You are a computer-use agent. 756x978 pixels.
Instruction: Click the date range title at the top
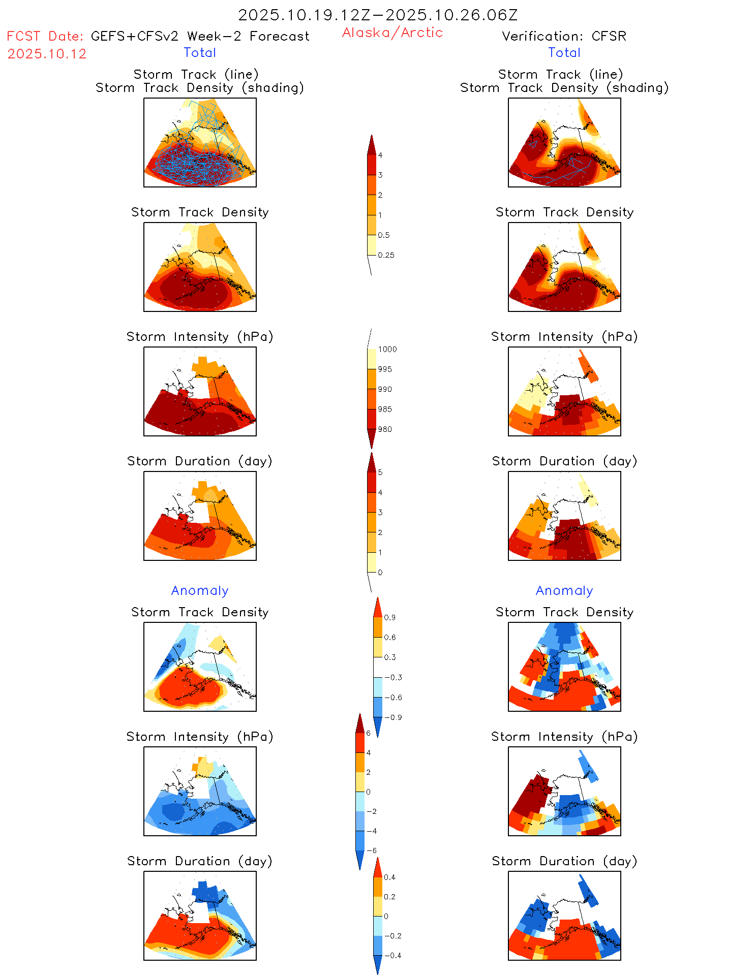(x=378, y=15)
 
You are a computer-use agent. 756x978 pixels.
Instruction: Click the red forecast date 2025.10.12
(x=47, y=54)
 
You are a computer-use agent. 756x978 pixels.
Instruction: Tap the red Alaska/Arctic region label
(x=392, y=33)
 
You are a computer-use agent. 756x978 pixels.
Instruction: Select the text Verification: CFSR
(x=564, y=36)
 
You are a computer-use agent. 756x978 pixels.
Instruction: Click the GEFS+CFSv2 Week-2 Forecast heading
(x=200, y=36)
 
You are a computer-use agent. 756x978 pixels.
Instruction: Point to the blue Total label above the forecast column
(x=200, y=52)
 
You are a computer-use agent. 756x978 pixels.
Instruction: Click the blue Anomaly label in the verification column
(x=564, y=590)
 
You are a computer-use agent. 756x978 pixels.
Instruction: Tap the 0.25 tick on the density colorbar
(x=386, y=255)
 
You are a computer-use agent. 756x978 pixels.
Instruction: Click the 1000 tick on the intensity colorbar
(x=387, y=349)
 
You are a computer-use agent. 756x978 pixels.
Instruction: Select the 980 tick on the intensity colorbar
(x=385, y=429)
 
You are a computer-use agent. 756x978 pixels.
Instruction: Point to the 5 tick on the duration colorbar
(x=380, y=472)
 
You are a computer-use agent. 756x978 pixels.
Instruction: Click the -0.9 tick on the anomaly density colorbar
(x=392, y=717)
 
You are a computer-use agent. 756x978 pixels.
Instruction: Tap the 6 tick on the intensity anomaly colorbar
(x=369, y=733)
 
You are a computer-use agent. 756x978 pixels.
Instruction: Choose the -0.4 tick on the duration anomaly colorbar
(x=392, y=955)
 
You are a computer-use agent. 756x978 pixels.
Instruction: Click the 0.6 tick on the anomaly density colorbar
(x=389, y=637)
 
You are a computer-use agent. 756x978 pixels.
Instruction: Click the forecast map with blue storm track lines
(x=200, y=143)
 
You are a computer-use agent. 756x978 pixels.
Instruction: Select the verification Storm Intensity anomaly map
(x=564, y=791)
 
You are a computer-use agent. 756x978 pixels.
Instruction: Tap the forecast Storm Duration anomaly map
(x=200, y=916)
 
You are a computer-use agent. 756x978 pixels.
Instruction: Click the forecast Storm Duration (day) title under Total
(x=200, y=461)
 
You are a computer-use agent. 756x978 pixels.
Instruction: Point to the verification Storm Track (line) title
(x=560, y=74)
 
